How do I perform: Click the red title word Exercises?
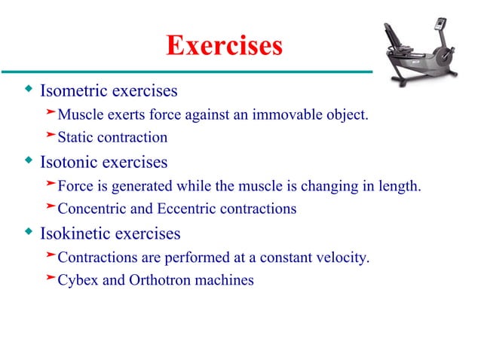224,47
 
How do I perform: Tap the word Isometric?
73,92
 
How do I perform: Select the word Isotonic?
69,162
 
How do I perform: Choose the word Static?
75,138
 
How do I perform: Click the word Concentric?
89,209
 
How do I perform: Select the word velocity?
343,258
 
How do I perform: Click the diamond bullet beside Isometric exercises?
29,91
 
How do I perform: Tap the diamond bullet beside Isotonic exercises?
29,161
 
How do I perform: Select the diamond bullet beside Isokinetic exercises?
29,232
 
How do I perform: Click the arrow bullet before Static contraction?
51,136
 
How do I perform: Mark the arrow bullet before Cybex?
51,279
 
